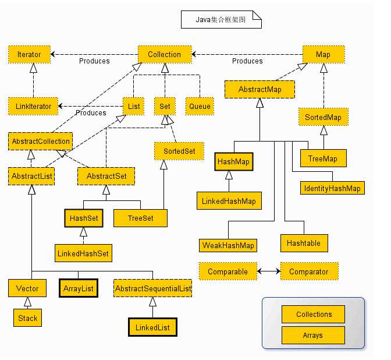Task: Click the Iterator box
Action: tap(30, 54)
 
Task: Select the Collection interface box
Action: tap(165, 54)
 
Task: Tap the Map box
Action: tap(324, 54)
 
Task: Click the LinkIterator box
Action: tap(33, 107)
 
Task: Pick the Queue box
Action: tap(200, 107)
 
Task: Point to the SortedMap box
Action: tap(324, 117)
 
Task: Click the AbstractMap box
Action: tap(260, 89)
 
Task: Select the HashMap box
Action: tap(234, 161)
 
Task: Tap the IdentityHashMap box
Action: tap(332, 188)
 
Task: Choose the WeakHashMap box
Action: tap(228, 245)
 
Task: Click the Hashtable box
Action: tap(304, 243)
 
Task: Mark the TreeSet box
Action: tap(140, 218)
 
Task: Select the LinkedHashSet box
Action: tap(83, 253)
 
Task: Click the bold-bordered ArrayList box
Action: tap(79, 288)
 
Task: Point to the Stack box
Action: tap(28, 318)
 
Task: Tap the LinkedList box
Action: tap(152, 327)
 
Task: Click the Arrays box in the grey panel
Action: tap(313, 336)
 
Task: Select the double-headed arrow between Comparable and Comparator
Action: tap(269, 271)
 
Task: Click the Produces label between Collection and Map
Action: tap(247, 61)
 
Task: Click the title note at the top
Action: tap(221, 19)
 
